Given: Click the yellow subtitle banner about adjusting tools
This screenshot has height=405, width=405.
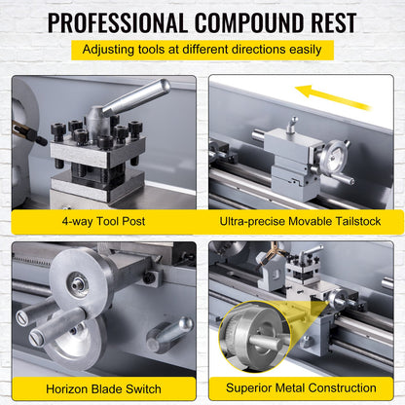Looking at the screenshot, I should click(202, 50).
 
